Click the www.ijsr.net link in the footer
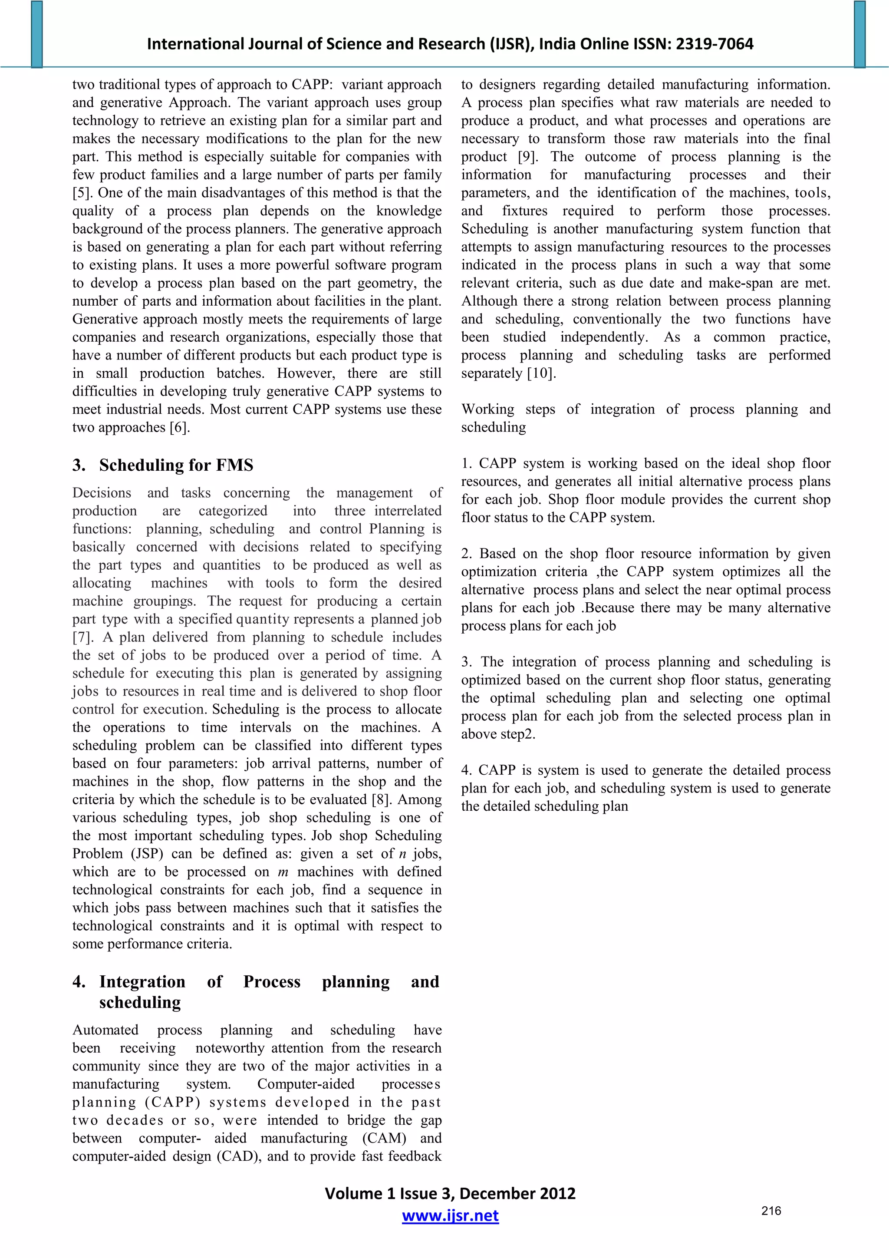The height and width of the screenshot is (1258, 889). (450, 1216)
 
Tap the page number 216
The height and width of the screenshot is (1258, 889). (770, 1211)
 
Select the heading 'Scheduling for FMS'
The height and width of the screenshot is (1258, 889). (176, 465)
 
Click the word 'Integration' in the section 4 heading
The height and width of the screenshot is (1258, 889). (142, 981)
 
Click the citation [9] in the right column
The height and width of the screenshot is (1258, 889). (528, 157)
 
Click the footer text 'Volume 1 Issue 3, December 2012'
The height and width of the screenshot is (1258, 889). (450, 1193)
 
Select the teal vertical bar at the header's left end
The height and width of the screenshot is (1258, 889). (37, 34)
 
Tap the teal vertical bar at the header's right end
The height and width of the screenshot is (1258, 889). (859, 34)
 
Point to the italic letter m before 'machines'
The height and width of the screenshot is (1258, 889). (283, 872)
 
